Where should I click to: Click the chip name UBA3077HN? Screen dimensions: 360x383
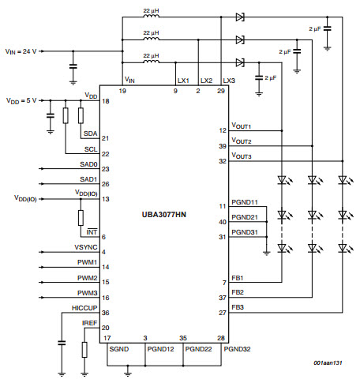click(164, 215)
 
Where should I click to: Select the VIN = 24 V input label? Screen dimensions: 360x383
click(21, 51)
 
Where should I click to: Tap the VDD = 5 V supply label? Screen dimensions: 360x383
click(21, 101)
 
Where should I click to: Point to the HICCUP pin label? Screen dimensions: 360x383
click(84, 308)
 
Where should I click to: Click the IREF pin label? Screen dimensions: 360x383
click(89, 323)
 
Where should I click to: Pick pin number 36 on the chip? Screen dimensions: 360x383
click(106, 313)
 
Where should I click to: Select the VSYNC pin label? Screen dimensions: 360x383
click(86, 247)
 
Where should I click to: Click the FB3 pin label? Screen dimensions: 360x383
click(238, 307)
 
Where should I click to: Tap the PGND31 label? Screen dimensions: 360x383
click(245, 232)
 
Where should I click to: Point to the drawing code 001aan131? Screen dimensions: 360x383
click(328, 362)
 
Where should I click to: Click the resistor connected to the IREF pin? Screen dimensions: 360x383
click(84, 350)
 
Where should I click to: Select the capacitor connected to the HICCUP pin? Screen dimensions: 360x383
click(62, 343)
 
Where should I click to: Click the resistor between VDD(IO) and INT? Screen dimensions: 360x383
click(81, 218)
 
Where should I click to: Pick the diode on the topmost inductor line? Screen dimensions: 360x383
click(240, 17)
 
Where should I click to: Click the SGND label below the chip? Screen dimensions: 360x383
click(119, 349)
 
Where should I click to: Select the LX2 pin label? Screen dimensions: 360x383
click(206, 81)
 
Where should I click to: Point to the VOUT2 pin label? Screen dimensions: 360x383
click(242, 141)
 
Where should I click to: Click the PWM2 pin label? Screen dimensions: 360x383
click(87, 278)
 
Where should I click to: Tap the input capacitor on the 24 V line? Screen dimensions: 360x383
click(73, 66)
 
